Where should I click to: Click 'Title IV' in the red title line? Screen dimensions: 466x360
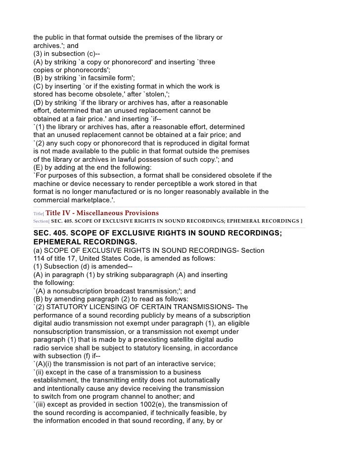coord(57,213)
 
